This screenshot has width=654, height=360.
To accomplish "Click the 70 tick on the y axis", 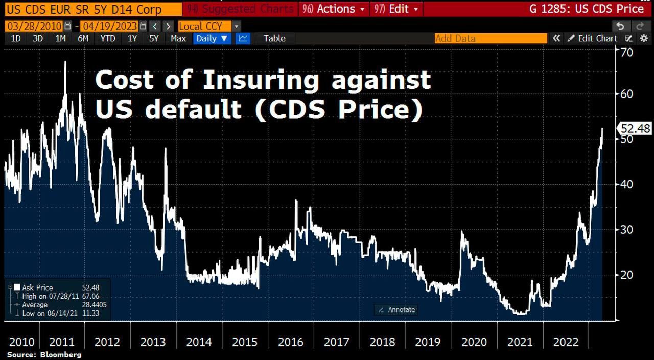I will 626,52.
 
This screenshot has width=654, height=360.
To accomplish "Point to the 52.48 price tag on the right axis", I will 636,128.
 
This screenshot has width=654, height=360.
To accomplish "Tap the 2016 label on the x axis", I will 290,342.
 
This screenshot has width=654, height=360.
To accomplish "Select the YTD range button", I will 107,38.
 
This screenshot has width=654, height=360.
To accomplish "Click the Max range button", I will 178,38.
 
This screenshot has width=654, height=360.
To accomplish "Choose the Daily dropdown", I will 212,38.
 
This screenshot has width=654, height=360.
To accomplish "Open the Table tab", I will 274,38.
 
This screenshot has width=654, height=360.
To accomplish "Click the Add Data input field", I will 491,38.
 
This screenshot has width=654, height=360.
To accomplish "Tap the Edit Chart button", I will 593,38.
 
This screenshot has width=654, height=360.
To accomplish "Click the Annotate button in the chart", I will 396,309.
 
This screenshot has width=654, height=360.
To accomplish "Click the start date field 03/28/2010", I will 34,26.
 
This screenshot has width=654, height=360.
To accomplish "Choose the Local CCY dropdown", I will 208,26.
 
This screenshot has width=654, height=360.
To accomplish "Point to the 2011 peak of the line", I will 65,62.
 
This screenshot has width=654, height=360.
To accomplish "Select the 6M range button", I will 83,38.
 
